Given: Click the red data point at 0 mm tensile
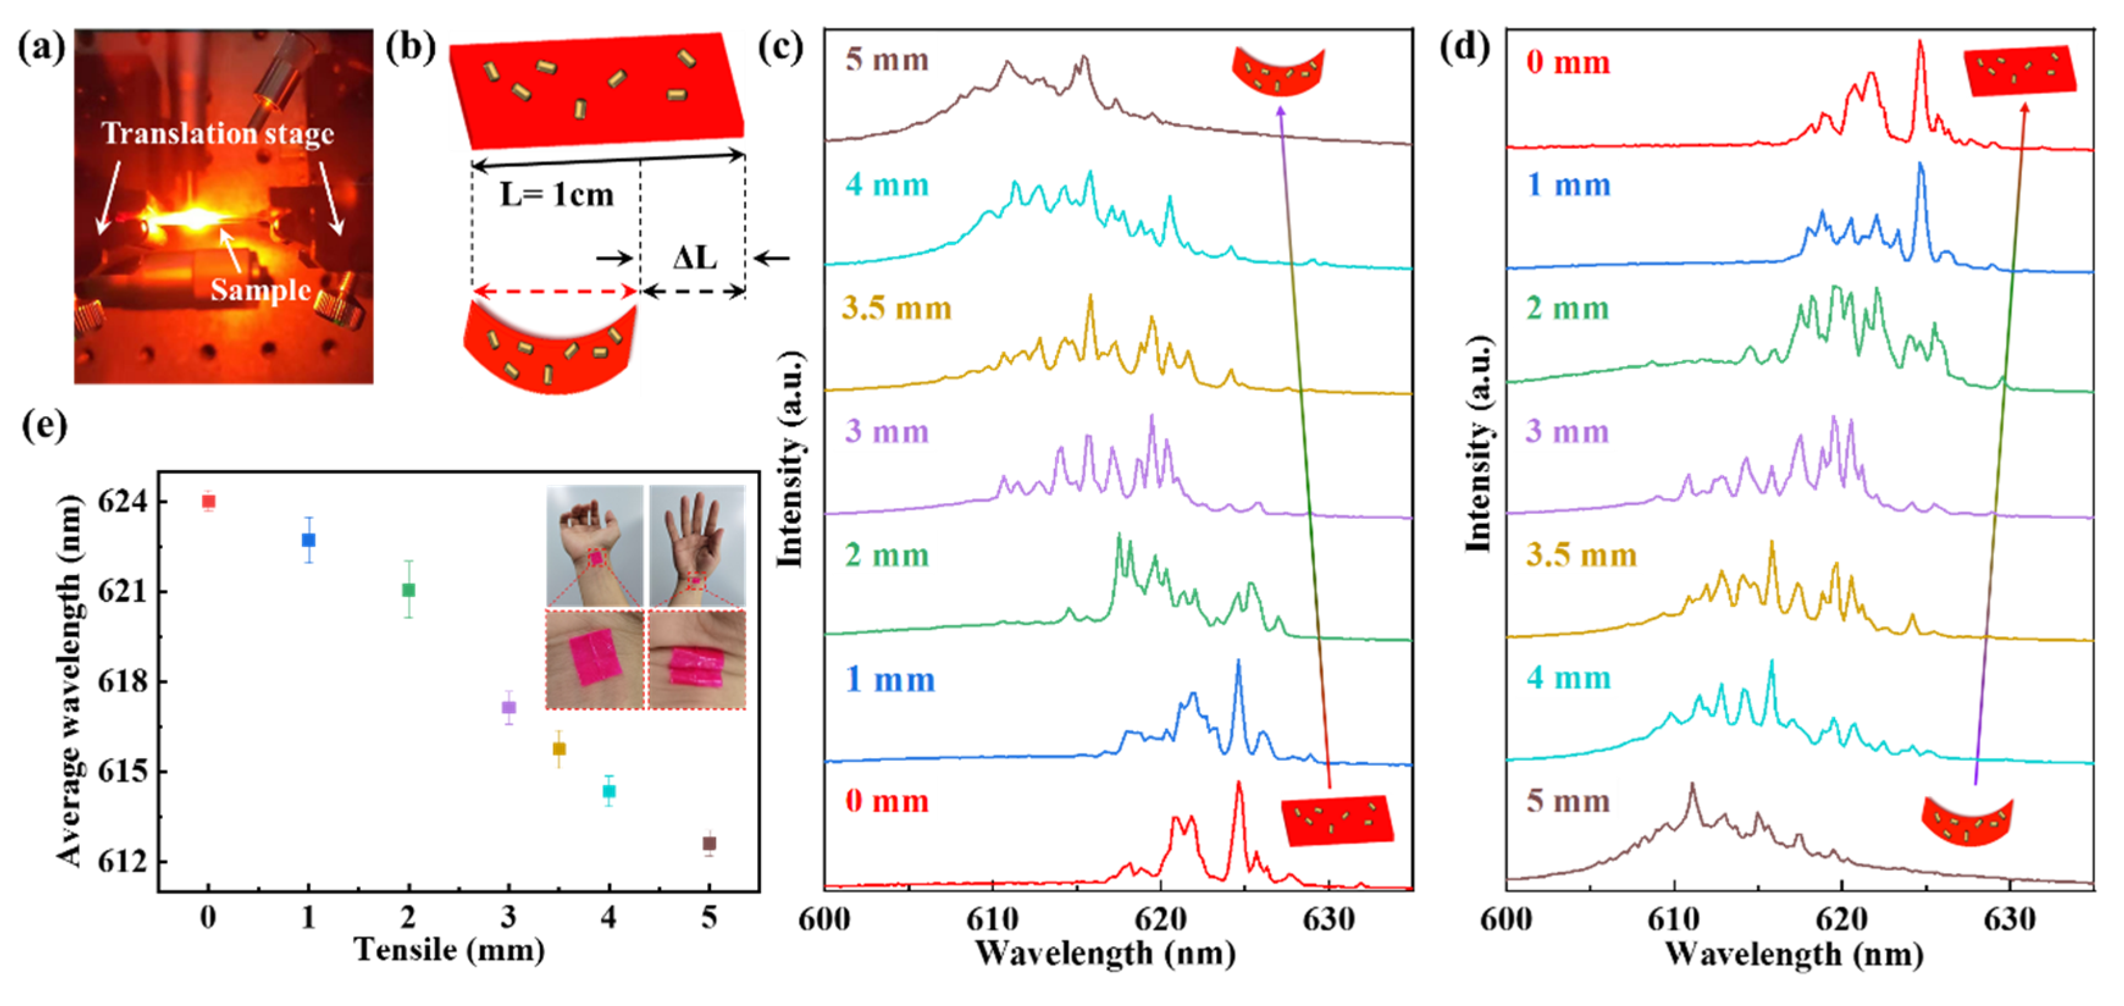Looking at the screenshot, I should coord(209,501).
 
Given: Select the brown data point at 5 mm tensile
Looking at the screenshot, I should coord(709,844).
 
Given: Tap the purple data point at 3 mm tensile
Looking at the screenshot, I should coord(509,707).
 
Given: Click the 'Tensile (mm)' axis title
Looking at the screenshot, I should coord(449,950).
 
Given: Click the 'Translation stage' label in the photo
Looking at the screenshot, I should coord(218,134).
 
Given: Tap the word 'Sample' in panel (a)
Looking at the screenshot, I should coord(261,290).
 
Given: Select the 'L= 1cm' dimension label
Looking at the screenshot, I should coord(557,195).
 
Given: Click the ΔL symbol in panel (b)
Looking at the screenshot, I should coord(694,258).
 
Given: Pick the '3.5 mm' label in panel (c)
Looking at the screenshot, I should coord(896,308).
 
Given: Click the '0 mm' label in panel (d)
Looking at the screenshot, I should coord(1568,63).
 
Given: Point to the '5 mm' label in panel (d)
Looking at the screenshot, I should coord(1568,802).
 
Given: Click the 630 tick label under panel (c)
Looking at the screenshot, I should coord(1328,919).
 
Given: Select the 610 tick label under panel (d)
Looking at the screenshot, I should coord(1674,919).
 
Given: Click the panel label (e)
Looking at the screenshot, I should coord(44,425).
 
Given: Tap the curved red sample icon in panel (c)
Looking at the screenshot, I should coord(1277,71).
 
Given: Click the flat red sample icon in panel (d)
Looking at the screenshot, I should coord(2019,71).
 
